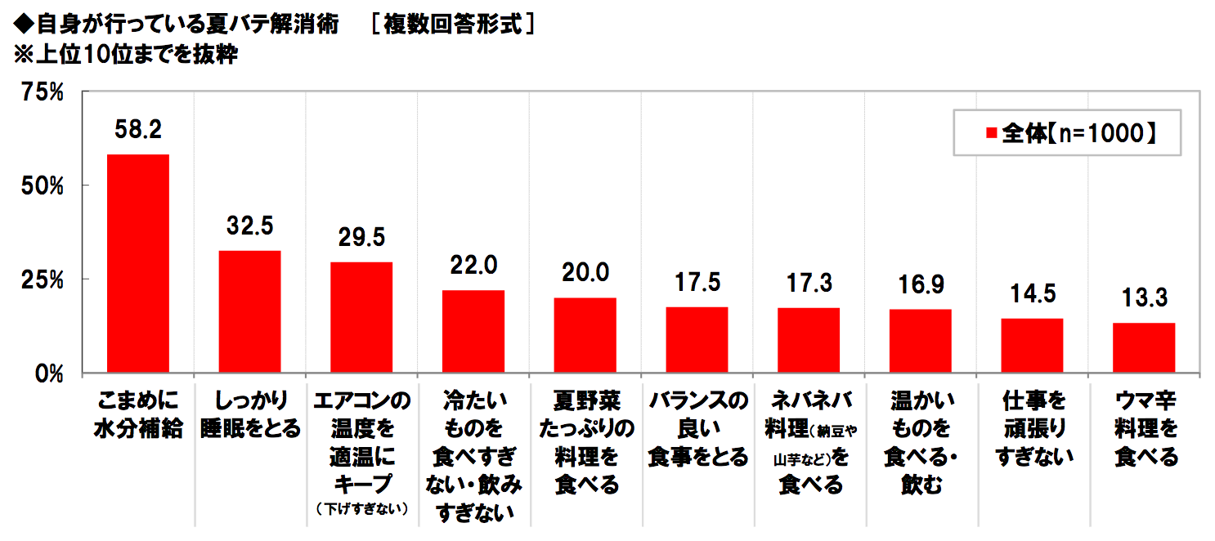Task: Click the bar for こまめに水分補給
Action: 138,263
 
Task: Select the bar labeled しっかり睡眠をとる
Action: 250,311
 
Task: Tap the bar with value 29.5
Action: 361,317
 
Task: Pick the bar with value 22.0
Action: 473,331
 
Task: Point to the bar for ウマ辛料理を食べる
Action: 1144,347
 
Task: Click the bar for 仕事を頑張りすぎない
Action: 1032,345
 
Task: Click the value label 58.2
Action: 138,129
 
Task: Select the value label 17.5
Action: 697,282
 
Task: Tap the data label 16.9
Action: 921,284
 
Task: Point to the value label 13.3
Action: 1144,297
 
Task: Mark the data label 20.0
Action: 585,272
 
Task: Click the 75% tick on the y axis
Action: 43,93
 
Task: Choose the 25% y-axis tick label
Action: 43,279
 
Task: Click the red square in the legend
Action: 991,133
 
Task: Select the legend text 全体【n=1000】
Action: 1079,133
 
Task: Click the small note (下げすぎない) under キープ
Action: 361,508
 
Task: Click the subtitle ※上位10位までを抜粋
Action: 123,56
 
